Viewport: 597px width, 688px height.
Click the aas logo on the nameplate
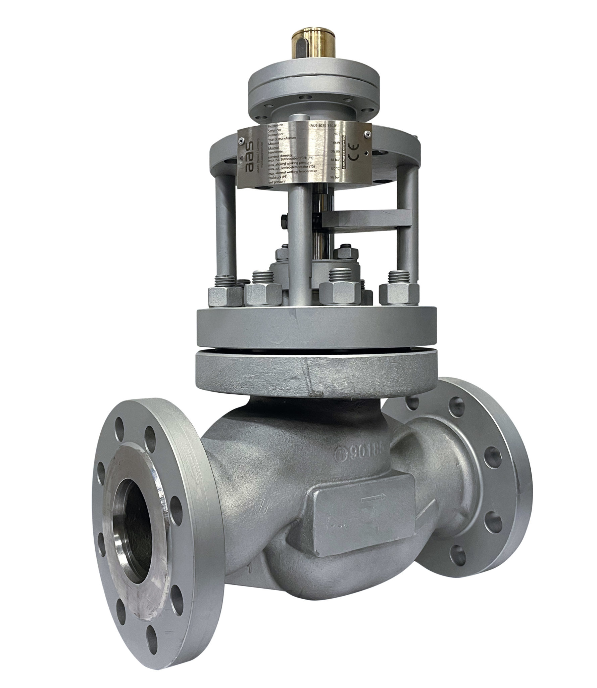click(249, 157)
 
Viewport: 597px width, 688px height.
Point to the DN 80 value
click(335, 152)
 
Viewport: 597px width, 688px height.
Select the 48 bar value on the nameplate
click(335, 160)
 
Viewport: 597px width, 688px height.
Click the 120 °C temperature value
click(335, 168)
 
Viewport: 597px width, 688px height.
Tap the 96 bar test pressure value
click(335, 177)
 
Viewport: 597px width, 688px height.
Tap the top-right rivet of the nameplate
click(368, 135)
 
